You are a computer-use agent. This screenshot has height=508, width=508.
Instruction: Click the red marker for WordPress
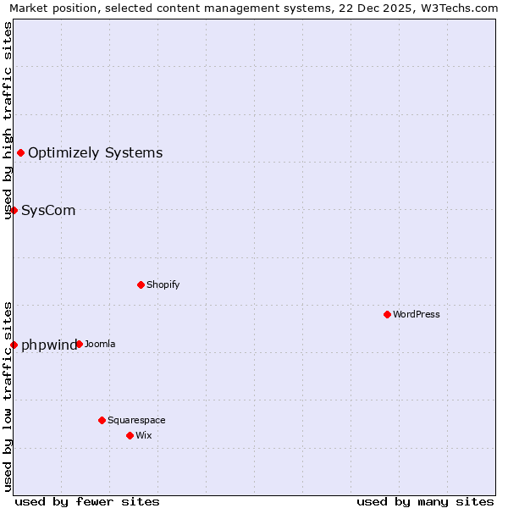tap(387, 314)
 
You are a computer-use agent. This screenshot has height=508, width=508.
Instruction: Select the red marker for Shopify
tap(141, 284)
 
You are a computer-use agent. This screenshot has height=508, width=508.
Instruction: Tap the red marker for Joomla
tap(79, 344)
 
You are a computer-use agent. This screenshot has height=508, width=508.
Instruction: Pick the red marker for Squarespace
tap(102, 420)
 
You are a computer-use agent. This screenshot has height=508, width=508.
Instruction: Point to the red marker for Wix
tap(130, 435)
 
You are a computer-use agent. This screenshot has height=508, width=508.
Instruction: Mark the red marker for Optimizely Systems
tap(20, 152)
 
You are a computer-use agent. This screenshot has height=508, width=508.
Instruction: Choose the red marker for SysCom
tap(14, 210)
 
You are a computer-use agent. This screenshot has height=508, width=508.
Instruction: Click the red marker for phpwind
tap(14, 345)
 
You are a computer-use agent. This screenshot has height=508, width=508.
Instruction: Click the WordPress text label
tap(416, 314)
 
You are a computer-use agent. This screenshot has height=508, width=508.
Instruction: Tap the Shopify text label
tap(163, 284)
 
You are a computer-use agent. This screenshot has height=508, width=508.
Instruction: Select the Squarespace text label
tap(136, 420)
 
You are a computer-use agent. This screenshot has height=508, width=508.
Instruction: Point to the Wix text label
tap(143, 435)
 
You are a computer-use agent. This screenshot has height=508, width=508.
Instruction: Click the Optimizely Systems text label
tap(95, 152)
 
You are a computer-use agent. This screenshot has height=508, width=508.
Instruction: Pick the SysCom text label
tap(48, 210)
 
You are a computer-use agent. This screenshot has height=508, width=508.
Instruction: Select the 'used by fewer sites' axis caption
tap(87, 501)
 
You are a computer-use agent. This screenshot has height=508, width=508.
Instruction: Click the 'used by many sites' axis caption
tap(425, 501)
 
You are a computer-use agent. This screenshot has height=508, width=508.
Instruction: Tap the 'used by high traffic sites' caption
tap(8, 120)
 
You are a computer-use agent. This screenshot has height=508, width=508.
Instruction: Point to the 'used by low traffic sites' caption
tap(8, 396)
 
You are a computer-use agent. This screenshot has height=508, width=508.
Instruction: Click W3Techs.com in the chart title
tap(458, 8)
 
